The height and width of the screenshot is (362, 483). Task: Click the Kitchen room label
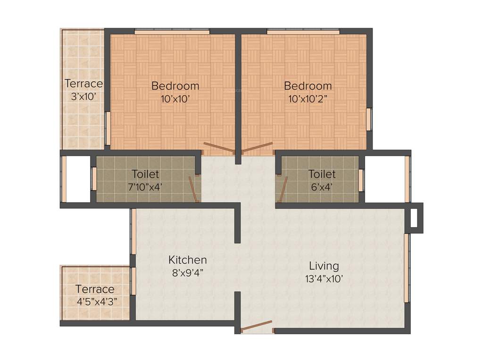[x=188, y=260]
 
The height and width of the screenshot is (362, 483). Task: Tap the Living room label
[x=324, y=265]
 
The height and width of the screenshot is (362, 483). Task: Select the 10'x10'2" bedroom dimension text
[x=308, y=99]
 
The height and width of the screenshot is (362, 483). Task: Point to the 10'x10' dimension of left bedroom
[x=175, y=99]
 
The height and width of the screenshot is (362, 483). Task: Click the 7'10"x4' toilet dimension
[x=145, y=187]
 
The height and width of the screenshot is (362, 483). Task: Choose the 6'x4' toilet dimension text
[x=322, y=187]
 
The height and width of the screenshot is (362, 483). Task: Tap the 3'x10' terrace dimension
[x=83, y=96]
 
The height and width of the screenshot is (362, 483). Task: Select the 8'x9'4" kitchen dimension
[x=188, y=272]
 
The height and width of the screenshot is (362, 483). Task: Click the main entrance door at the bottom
[x=257, y=327]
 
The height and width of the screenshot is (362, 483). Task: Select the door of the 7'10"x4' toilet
[x=193, y=189]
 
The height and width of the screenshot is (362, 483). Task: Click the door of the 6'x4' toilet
[x=283, y=188]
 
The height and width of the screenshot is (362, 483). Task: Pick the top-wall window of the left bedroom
[x=172, y=32]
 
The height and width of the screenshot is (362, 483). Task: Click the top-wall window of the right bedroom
[x=303, y=32]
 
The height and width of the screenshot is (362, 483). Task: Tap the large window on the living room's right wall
[x=407, y=267]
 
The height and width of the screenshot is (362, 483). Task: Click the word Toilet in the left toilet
[x=145, y=174]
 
